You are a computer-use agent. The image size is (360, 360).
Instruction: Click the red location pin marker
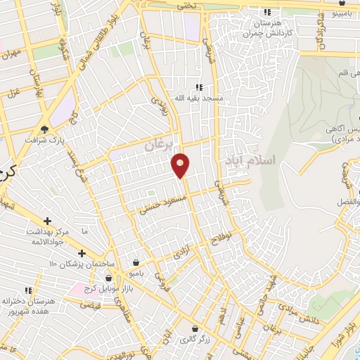(180, 165)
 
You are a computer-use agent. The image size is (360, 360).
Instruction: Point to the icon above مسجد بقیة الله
(199, 87)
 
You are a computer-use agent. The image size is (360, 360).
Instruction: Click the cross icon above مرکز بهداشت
(47, 220)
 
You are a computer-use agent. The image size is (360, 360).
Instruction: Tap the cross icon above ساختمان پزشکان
(82, 252)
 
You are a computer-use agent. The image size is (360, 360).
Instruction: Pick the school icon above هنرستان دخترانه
(29, 290)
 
